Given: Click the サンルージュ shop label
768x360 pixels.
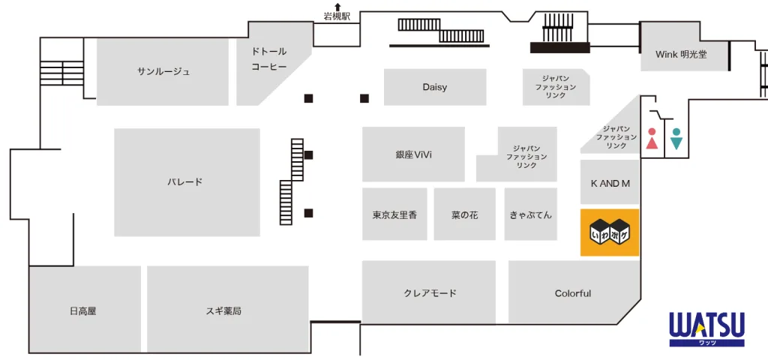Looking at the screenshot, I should point(163,72).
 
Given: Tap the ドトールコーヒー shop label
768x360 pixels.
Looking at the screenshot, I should point(268,59).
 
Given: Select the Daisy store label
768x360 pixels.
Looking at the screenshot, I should point(434,87).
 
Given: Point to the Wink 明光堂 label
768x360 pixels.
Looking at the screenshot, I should point(681,55).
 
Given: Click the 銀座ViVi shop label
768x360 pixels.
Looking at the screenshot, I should point(413,154).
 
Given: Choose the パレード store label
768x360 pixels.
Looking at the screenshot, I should point(185,182).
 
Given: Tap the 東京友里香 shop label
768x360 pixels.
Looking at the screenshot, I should point(394,215).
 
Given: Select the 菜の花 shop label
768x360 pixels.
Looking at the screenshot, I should point(464,215).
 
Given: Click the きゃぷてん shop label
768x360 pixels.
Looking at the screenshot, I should point(530,215).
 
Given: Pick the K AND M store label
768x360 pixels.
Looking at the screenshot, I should point(610,184).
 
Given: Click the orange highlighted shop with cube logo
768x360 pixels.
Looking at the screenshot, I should point(610,232).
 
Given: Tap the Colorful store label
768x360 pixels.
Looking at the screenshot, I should point(573,293).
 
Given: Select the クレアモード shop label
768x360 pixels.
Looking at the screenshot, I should point(430,293).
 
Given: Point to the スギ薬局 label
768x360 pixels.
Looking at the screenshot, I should point(223,310).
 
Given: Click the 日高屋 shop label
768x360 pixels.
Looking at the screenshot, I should point(82,310).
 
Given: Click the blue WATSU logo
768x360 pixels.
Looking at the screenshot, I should point(706,328).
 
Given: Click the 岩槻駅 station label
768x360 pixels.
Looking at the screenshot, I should point(337,16).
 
